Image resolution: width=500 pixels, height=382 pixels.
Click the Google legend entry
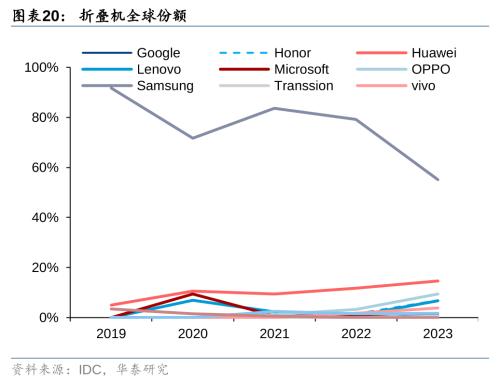click(x=158, y=52)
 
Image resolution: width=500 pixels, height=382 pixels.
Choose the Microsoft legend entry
click(x=302, y=69)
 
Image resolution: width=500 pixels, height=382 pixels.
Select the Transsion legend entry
click(x=306, y=86)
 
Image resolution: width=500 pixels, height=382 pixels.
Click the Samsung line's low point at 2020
click(x=193, y=138)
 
